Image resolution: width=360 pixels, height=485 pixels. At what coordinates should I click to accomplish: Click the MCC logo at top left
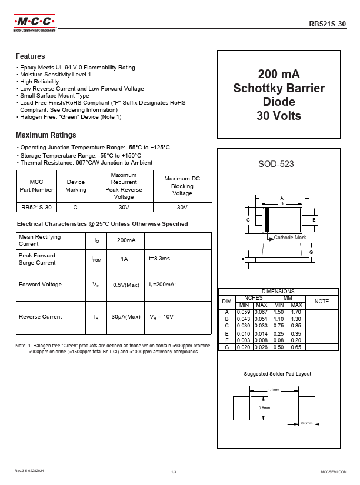click(x=34, y=24)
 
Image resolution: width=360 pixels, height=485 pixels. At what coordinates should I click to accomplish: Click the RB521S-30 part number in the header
click(x=328, y=24)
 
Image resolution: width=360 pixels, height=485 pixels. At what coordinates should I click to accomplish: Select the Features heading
click(x=30, y=56)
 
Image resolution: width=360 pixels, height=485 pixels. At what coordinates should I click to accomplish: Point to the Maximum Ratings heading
click(x=46, y=135)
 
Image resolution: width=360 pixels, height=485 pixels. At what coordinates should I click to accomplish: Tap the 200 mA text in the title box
click(x=279, y=74)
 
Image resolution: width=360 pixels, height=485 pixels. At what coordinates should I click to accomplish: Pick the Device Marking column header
click(x=76, y=186)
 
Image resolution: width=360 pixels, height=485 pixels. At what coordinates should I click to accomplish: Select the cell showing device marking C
click(x=75, y=208)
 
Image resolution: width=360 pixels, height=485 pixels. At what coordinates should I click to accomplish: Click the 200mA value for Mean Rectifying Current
click(x=126, y=240)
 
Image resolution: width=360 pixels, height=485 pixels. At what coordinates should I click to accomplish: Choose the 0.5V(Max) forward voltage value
click(x=126, y=285)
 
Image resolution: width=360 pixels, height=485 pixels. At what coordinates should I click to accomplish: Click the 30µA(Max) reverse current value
click(x=126, y=316)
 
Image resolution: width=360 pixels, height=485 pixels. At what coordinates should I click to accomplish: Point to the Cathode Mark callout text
click(x=290, y=238)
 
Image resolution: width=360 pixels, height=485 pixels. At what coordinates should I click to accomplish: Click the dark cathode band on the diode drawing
click(x=266, y=220)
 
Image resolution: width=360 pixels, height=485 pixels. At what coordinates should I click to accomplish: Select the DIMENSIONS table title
click(x=278, y=292)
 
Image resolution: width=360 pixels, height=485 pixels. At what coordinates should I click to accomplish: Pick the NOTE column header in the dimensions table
click(x=322, y=301)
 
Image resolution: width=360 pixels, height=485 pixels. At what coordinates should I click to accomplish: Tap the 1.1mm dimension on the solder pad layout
click(x=274, y=390)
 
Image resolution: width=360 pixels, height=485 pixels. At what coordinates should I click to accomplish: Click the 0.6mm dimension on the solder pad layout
click(x=306, y=423)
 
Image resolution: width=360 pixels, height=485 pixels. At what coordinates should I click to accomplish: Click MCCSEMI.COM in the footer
click(x=334, y=472)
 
